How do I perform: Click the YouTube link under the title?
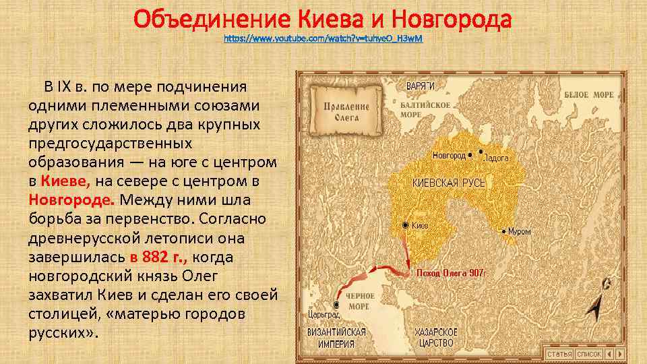click(323, 40)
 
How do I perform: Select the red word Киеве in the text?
click(65, 181)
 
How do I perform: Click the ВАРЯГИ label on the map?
click(420, 86)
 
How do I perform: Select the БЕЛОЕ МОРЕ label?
click(589, 95)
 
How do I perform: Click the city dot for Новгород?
click(470, 154)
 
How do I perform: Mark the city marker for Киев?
click(405, 225)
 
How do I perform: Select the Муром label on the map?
click(519, 231)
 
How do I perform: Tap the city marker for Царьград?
click(335, 304)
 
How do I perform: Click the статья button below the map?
click(559, 354)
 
